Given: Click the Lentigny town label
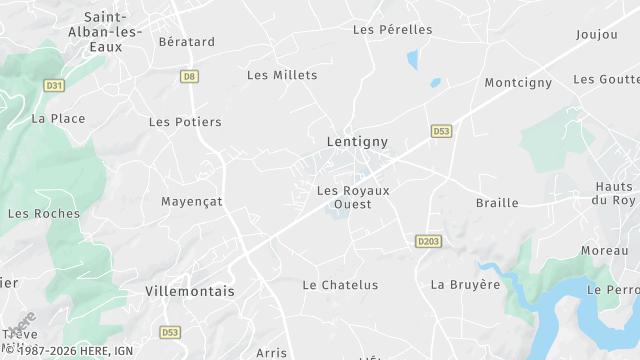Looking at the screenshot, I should click(357, 142).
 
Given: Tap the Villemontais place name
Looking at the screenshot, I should click(189, 291).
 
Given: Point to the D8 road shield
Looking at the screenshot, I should click(188, 76).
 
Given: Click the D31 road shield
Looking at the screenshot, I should click(54, 86).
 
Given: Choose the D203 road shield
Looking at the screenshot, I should click(428, 241).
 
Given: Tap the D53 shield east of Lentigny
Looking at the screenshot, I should click(441, 131).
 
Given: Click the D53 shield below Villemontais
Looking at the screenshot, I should click(170, 331).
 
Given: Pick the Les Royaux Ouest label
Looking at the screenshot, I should click(352, 197).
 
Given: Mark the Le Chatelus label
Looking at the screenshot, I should click(340, 285).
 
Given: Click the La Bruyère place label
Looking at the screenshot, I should click(465, 284).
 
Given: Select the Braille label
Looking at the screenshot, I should click(497, 203).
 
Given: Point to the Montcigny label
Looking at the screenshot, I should click(518, 83).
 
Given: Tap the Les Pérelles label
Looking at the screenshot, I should click(392, 29).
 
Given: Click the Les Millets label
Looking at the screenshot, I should click(282, 75).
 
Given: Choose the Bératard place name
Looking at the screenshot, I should click(187, 42).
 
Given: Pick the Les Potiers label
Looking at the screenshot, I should click(185, 122).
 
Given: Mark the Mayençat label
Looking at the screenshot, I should click(192, 201).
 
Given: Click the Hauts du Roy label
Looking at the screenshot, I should click(614, 193).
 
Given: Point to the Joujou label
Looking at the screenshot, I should click(597, 34).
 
